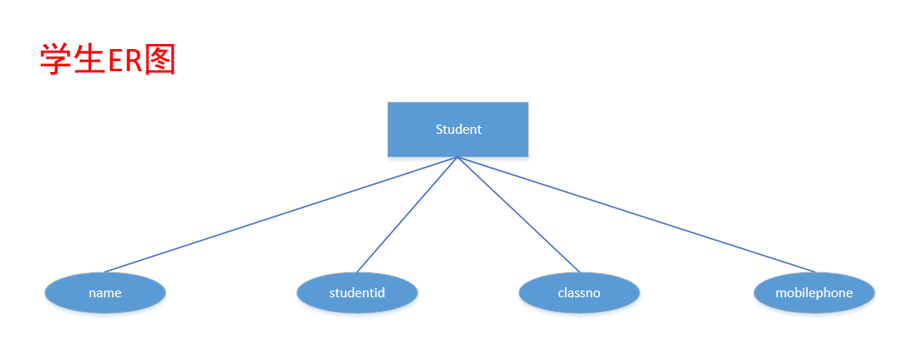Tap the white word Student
459,130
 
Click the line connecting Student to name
280,215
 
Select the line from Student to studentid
407,215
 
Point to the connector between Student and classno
519,215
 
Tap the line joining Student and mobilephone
636,215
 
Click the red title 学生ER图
108,60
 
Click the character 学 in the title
56,60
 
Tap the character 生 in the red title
89,60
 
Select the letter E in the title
115,61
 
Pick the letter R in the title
133,61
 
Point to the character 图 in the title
159,60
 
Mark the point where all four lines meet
458,158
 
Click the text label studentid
357,293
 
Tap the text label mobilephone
814,293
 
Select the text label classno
579,293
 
